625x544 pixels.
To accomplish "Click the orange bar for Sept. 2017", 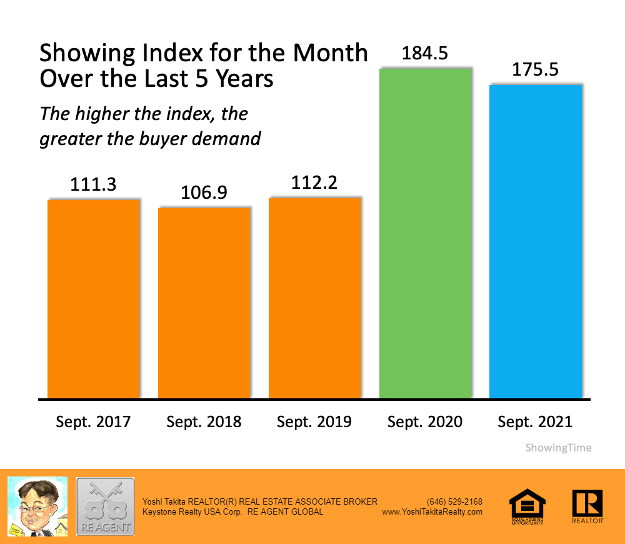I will (x=94, y=299).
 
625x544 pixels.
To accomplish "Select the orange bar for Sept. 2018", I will (x=204, y=303).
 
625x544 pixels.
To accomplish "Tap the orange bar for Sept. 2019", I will (x=315, y=298).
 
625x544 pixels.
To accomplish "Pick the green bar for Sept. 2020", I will (x=426, y=233).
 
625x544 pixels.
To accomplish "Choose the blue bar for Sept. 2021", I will (x=536, y=241).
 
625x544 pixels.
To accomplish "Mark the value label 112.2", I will (x=315, y=183).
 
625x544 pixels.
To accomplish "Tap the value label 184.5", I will (x=425, y=54).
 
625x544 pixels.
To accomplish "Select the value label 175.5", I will (x=535, y=70).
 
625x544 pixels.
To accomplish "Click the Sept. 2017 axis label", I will (x=94, y=421).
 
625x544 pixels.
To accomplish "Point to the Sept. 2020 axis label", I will (x=425, y=421).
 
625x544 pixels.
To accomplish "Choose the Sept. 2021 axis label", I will (x=535, y=421).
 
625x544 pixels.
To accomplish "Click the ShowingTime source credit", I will (x=558, y=448).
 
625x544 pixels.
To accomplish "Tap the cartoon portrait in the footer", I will (x=37, y=506).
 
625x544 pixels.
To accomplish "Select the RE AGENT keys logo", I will (x=105, y=506).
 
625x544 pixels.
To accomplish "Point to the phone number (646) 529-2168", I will (x=454, y=501).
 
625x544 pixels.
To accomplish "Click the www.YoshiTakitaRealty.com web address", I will (x=432, y=511).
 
